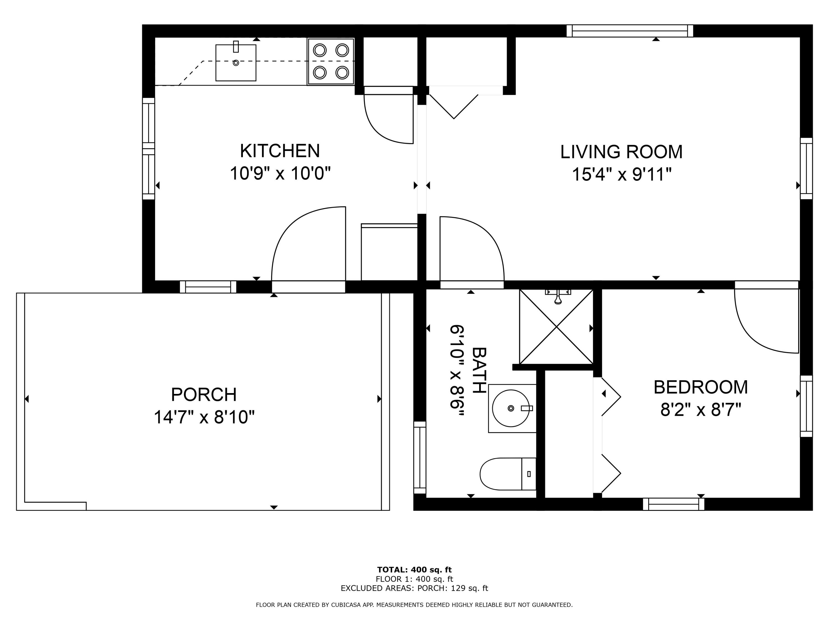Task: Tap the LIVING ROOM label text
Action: click(x=621, y=152)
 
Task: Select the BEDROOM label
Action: click(x=701, y=387)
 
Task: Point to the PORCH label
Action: click(x=204, y=394)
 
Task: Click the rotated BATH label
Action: click(x=479, y=370)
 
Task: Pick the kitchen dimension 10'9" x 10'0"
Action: click(x=280, y=174)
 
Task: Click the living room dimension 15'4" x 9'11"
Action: click(x=621, y=174)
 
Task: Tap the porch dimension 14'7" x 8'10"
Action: click(x=204, y=417)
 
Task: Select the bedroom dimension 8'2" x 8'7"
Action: click(x=701, y=409)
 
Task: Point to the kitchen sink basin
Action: click(x=236, y=62)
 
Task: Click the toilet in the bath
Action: click(x=508, y=474)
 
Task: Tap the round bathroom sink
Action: click(x=511, y=408)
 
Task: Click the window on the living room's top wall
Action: click(x=629, y=31)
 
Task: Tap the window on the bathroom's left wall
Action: click(x=420, y=458)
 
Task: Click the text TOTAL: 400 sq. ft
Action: click(x=414, y=570)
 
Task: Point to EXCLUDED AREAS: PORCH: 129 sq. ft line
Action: click(x=414, y=588)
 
